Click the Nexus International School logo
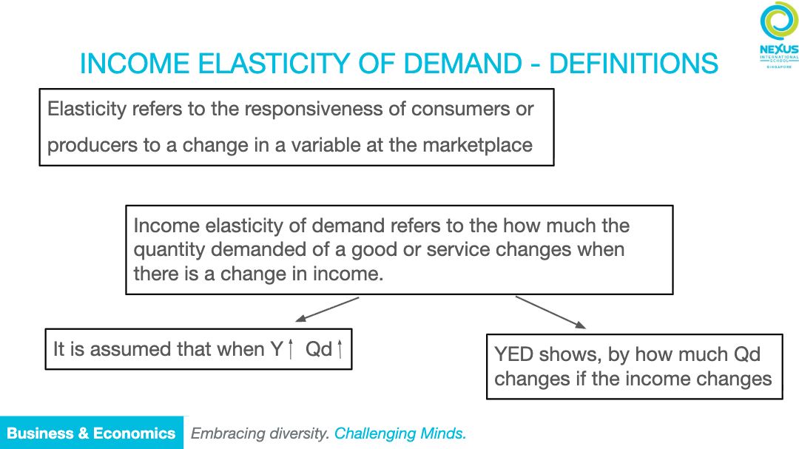click(778, 35)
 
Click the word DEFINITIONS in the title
click(633, 64)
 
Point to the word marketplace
click(477, 145)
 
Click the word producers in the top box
click(92, 146)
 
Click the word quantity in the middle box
click(169, 250)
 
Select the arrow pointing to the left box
click(327, 309)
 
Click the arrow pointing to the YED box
click(550, 312)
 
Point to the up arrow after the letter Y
click(291, 349)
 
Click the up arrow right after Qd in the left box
click(340, 349)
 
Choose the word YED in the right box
click(513, 354)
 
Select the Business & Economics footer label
click(91, 433)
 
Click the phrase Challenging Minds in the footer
click(400, 433)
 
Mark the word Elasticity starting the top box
click(87, 109)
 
